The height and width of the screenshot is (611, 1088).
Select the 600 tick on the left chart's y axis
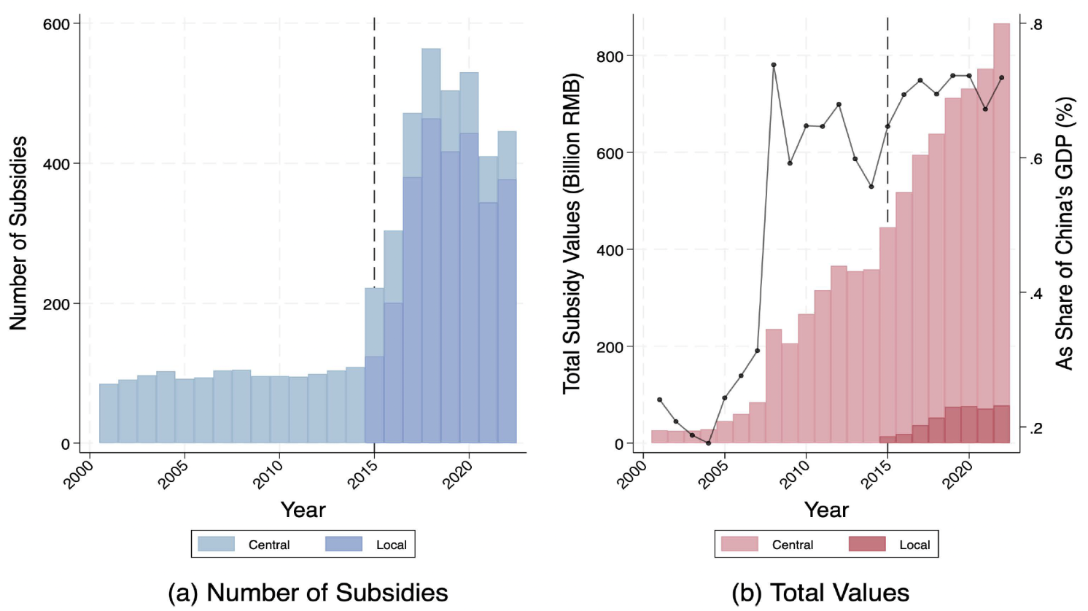(56, 24)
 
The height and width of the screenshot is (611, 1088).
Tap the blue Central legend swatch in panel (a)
(217, 544)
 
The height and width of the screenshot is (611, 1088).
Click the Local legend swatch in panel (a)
(343, 544)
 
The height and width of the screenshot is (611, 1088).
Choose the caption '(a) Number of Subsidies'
(308, 593)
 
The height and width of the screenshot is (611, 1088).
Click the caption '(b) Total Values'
(820, 593)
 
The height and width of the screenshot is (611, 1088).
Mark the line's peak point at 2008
(774, 65)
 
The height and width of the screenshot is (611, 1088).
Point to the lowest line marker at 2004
(708, 443)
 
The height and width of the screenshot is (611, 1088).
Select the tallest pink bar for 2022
(1001, 233)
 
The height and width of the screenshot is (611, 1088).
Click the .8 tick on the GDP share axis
(1035, 25)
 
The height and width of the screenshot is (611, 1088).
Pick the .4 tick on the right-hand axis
(1035, 293)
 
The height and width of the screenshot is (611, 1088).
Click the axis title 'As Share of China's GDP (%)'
(1065, 233)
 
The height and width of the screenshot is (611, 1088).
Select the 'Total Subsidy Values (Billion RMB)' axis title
(572, 233)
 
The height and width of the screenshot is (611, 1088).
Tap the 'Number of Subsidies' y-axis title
(18, 233)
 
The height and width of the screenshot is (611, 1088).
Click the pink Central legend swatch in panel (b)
(739, 544)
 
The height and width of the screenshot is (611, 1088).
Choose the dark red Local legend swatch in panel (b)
(867, 544)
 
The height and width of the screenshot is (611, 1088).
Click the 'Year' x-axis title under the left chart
(303, 510)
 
